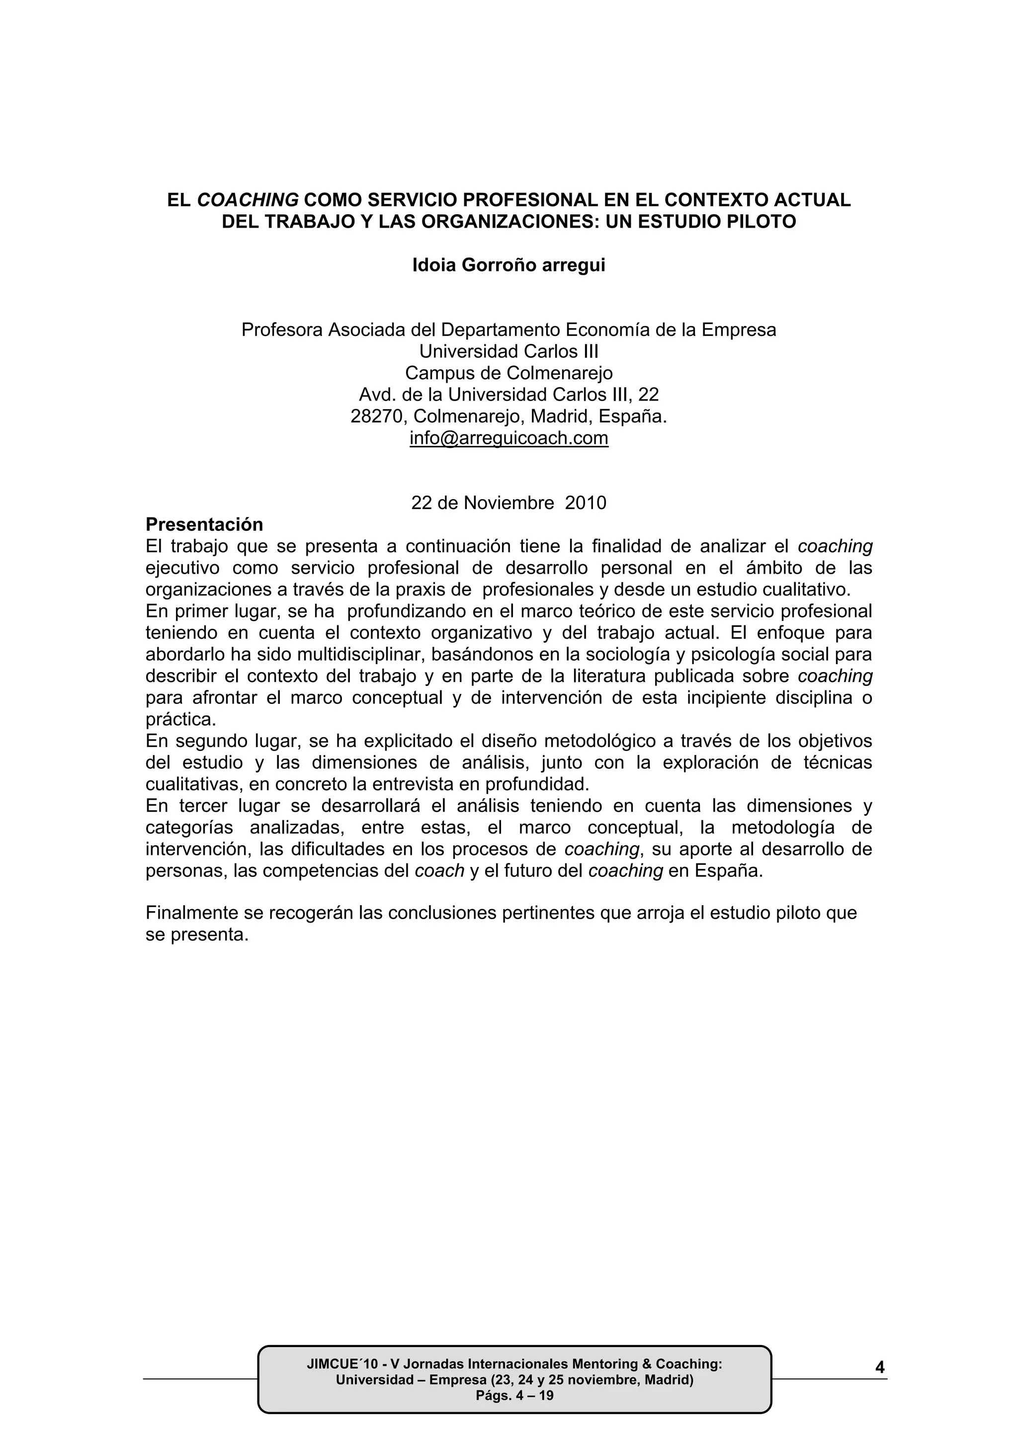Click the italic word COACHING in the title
(x=248, y=200)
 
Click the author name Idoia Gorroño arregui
(x=509, y=265)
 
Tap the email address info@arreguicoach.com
(x=509, y=438)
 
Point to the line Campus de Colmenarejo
(x=509, y=373)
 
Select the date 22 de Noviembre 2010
(x=509, y=503)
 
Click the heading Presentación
(x=204, y=524)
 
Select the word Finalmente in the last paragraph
(x=192, y=913)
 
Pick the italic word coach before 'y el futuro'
(x=439, y=871)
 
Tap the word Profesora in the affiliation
(x=282, y=330)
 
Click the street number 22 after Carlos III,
(x=649, y=395)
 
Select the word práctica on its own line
(x=180, y=719)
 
